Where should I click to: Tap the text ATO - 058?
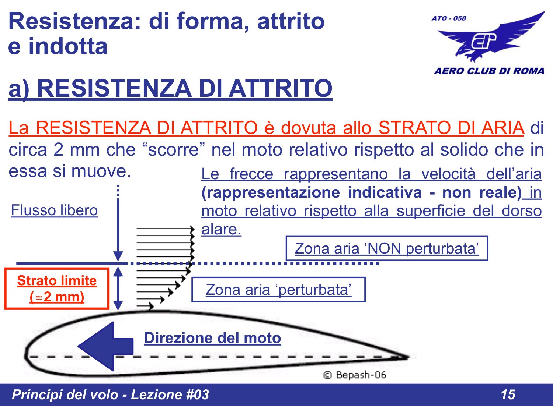point(449,18)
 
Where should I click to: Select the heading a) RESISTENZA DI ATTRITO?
point(170,89)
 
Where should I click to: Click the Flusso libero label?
point(54,210)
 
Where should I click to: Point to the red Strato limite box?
point(57,289)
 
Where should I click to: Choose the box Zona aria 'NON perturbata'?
point(387,248)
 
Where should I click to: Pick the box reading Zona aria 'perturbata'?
point(278,290)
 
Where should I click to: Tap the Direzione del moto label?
point(212,338)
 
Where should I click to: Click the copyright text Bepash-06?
point(355,375)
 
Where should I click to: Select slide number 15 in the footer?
point(508,394)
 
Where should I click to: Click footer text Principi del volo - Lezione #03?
point(110,394)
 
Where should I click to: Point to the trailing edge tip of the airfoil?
point(407,356)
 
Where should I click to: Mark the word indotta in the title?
point(68,46)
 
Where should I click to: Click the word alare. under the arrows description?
point(221,229)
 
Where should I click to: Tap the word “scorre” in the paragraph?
point(173,150)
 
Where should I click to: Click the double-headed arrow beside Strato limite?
point(118,289)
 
